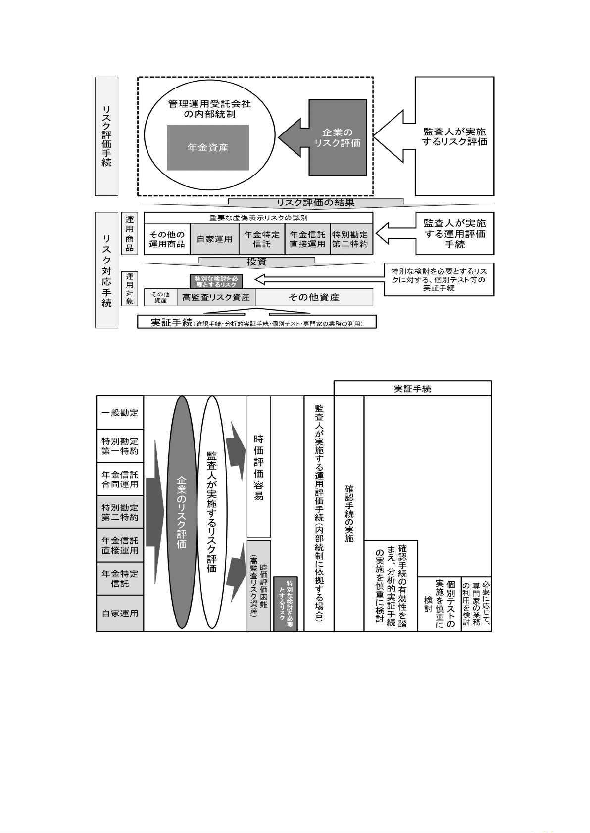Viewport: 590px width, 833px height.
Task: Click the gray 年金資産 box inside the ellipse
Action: coord(208,147)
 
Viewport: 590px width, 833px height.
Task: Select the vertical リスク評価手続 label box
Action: coord(106,136)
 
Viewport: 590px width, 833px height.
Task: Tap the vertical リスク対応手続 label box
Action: coord(106,270)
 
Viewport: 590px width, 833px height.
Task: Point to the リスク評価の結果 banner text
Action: coord(315,202)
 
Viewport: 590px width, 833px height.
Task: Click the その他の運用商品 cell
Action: coord(167,239)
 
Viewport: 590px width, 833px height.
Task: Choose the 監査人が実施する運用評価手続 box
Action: coord(454,233)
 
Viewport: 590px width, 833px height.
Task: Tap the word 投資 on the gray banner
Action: coord(256,262)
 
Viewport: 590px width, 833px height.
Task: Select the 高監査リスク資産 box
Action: coord(216,297)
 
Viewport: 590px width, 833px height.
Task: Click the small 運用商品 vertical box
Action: coord(129,233)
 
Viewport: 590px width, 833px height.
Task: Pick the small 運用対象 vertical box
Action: coord(129,289)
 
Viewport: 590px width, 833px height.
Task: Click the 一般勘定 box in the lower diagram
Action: coord(120,412)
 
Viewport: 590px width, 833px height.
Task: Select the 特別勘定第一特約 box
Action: coord(120,446)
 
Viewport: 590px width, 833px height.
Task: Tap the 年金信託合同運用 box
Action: coord(120,479)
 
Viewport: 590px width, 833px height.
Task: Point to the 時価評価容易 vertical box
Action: coord(259,467)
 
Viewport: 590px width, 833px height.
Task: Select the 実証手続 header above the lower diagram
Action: coord(412,389)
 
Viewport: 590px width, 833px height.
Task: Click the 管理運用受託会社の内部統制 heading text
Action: coord(209,109)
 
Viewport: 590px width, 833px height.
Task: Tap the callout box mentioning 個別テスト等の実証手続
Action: coord(439,279)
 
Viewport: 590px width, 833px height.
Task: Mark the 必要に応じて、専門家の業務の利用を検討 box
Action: coord(476,604)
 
